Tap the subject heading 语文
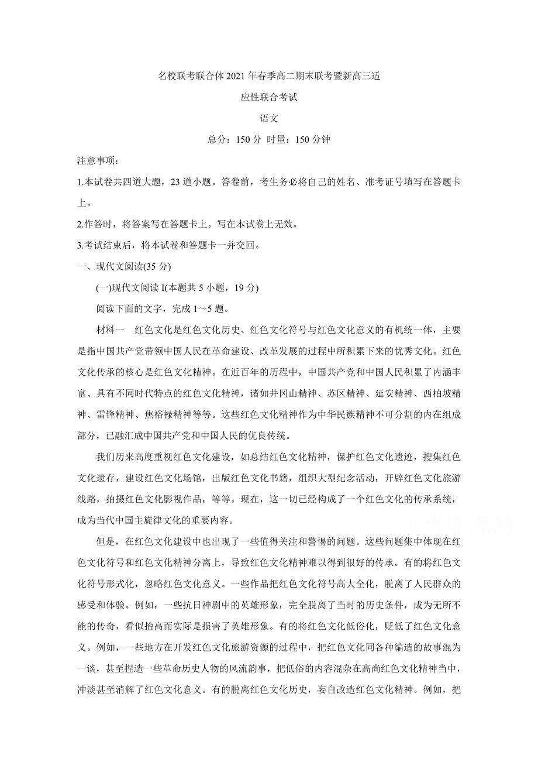point(269,118)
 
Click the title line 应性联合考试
point(269,97)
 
